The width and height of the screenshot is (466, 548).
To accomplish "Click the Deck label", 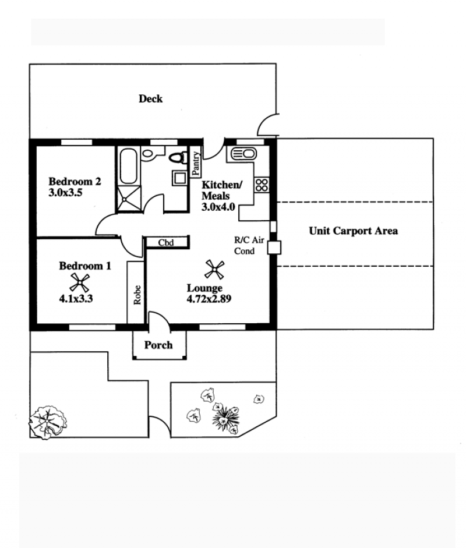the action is (x=151, y=99).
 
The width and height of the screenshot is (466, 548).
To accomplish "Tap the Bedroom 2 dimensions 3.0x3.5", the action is (x=65, y=193).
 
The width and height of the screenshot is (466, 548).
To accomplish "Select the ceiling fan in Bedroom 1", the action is (x=80, y=282).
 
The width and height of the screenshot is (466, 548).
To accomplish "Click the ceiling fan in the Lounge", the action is (x=214, y=269).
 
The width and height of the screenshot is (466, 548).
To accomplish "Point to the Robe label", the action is (x=137, y=295).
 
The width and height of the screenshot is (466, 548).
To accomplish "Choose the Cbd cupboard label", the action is (x=165, y=242).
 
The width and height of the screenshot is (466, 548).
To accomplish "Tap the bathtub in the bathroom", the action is (x=128, y=166).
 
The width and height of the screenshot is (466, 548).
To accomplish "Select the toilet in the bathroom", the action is (x=179, y=157).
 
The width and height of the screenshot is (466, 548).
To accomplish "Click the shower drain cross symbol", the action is (x=125, y=200).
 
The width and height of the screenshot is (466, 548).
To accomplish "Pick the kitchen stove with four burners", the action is (x=262, y=185).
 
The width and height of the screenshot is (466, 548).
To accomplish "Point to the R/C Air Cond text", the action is (x=249, y=245).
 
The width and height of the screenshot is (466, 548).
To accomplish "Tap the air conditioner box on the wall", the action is (x=274, y=248).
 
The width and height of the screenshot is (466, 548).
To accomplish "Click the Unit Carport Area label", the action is (x=354, y=231).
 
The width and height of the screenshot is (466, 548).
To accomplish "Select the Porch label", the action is (x=158, y=345).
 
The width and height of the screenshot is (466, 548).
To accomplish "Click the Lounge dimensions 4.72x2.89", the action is (x=209, y=299).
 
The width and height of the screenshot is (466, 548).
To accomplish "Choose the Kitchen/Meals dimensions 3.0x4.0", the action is (x=218, y=207).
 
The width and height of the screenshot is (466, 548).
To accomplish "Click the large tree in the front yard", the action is (x=48, y=422).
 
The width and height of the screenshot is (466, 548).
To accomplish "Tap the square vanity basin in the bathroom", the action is (x=180, y=178).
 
